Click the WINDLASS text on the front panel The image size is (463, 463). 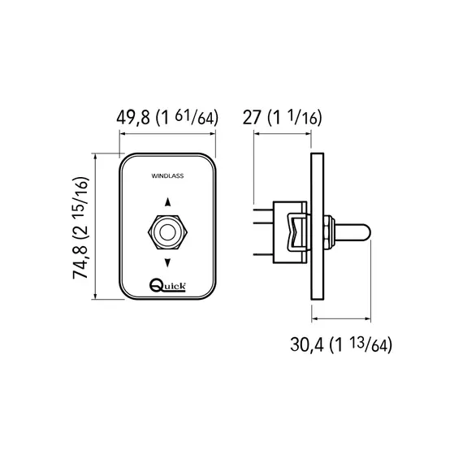167,176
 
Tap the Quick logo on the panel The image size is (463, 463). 167,286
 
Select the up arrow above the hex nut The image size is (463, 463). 167,202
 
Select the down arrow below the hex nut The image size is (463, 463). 167,262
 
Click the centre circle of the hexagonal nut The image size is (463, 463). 167,232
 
